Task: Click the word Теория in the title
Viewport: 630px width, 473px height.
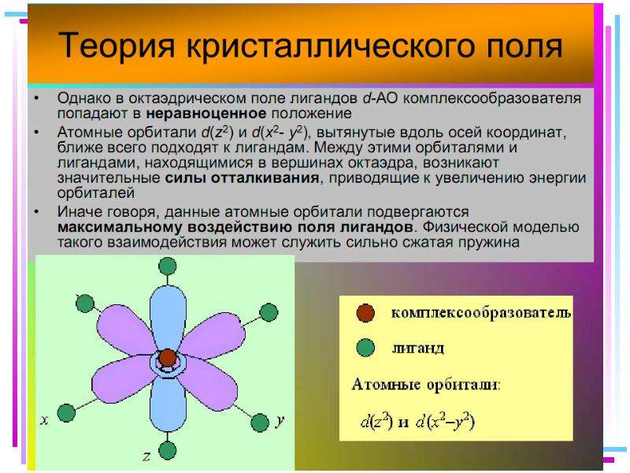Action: pos(117,45)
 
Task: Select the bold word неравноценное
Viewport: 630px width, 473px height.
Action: pos(206,114)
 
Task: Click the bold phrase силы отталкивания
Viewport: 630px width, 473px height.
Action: pos(243,178)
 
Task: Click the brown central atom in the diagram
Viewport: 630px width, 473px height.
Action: pos(167,358)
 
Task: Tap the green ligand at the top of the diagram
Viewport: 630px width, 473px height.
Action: pos(167,266)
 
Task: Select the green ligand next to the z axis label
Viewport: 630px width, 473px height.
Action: pos(167,450)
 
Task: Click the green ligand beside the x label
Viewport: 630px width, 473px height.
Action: pos(66,413)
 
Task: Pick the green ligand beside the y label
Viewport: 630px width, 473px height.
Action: pos(260,423)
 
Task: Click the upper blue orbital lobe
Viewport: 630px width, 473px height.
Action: pos(168,320)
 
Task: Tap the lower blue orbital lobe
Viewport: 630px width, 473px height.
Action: pos(168,402)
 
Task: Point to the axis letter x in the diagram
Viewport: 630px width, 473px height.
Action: pos(45,420)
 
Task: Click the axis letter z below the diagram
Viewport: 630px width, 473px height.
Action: pos(146,456)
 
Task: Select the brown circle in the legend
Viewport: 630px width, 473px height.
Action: pos(365,313)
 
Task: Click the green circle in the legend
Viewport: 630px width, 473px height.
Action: pos(365,348)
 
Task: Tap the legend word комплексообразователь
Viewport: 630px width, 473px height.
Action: pos(481,313)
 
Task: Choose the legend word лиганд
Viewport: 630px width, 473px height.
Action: pos(418,348)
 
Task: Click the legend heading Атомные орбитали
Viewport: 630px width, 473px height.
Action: pos(425,385)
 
